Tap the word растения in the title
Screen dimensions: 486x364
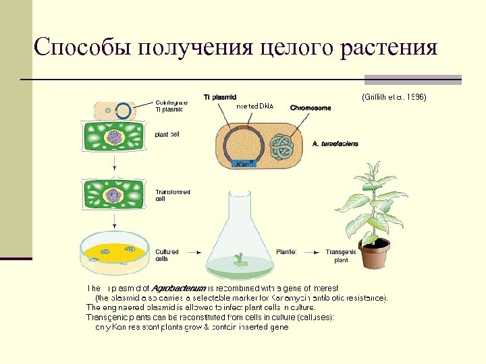tap(389, 49)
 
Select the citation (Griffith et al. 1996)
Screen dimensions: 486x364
tap(394, 97)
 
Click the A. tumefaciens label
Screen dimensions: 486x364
tap(335, 144)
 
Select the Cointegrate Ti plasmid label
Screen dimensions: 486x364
tap(169, 105)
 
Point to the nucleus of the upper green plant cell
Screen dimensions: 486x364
tap(113, 137)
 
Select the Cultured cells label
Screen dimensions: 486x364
tap(167, 255)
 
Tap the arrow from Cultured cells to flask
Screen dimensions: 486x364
tap(194, 252)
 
